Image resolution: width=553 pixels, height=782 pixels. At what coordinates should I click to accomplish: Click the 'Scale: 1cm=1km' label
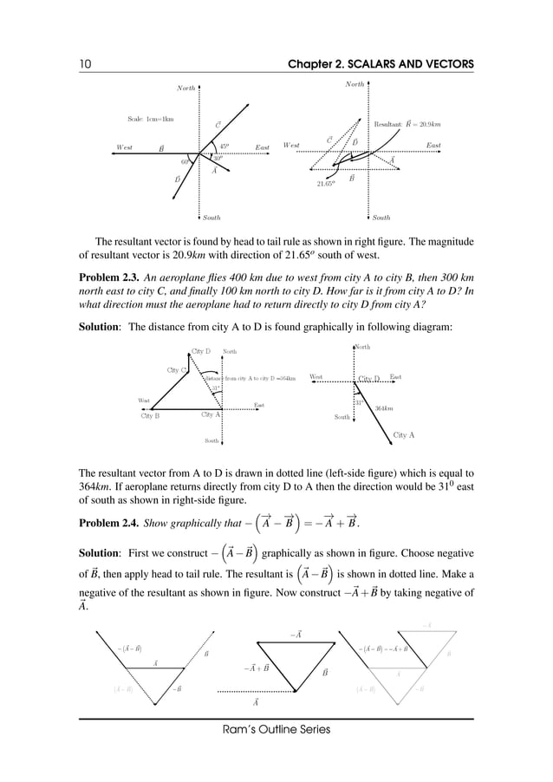click(x=150, y=119)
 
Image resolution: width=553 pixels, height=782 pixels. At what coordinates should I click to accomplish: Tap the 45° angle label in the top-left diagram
click(x=224, y=147)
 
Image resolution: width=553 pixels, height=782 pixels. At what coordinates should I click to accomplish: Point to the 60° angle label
click(x=185, y=162)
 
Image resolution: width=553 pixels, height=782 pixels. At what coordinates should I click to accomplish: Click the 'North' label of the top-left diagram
click(x=185, y=88)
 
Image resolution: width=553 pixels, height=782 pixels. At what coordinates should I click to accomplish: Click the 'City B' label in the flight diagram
click(x=150, y=416)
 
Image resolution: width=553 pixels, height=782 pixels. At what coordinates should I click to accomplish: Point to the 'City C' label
click(x=177, y=371)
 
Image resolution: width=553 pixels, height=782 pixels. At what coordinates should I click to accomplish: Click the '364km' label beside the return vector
click(x=384, y=407)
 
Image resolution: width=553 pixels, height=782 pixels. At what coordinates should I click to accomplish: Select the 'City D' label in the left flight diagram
click(x=201, y=351)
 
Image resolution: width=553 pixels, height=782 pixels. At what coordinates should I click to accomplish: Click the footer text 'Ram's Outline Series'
click(x=276, y=730)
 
